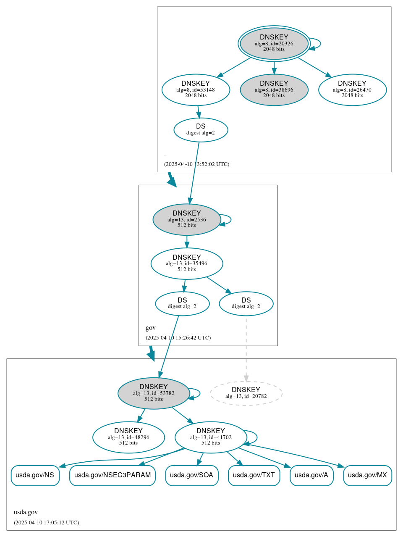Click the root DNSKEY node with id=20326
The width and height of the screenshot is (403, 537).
pos(274,43)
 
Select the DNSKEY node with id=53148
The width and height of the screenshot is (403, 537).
pos(196,89)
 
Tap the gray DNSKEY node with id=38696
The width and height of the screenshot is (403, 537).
pos(274,89)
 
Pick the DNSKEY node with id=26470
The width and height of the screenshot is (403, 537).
pos(352,89)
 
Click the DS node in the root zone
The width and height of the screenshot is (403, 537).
pos(201,130)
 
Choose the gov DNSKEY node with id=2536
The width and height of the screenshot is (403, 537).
pos(187,219)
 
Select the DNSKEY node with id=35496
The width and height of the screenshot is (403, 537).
pos(187,263)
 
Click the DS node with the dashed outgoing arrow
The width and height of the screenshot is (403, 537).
pos(246,303)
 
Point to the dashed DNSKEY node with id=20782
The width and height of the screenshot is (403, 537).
pos(246,393)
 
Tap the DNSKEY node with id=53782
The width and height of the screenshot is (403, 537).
pos(154,393)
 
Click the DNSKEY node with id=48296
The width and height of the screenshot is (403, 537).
pos(128,437)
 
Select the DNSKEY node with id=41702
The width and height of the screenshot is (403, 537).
pos(211,437)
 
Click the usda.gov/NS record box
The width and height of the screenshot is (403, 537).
pos(35,475)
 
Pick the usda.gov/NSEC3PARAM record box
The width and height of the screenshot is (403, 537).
pos(113,475)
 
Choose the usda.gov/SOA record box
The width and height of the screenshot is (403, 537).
pos(192,475)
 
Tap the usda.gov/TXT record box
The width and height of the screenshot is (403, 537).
pos(254,475)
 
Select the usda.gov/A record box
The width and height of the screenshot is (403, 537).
pos(311,475)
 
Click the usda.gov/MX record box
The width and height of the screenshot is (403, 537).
pos(367,475)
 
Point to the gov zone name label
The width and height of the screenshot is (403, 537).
pos(151,328)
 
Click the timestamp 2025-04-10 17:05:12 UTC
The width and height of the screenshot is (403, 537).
pos(46,523)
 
